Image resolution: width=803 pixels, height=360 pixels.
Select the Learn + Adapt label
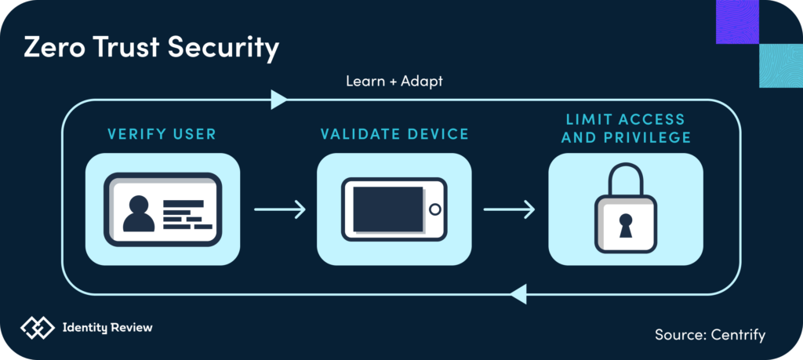coord(394,81)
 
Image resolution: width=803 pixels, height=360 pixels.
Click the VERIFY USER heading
coord(162,134)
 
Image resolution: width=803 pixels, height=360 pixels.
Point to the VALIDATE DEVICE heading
coord(394,134)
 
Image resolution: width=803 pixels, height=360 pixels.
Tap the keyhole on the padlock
coord(625,226)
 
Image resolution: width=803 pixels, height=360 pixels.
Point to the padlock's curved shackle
coord(625,176)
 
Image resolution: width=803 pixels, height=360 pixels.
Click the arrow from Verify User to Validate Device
coord(279,209)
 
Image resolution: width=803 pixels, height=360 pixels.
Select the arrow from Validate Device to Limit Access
coord(509,209)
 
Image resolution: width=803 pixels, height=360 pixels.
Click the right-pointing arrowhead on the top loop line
coord(278,100)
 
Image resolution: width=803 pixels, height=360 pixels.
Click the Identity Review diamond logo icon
coord(38,328)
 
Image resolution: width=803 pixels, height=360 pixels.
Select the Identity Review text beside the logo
coord(107,328)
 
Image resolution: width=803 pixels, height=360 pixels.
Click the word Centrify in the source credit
coord(736,335)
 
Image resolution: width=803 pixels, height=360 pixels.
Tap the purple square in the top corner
coord(738,21)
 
